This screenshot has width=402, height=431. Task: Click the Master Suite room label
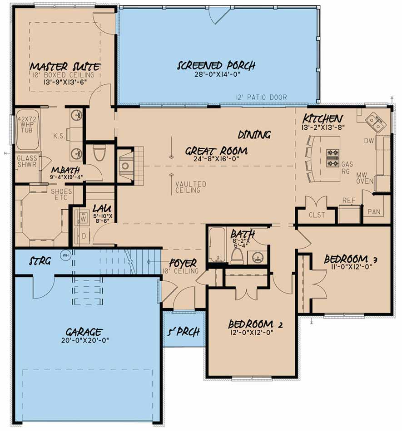[65, 67]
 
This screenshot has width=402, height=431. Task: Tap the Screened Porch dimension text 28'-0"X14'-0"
[218, 74]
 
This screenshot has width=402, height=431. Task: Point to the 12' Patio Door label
[261, 97]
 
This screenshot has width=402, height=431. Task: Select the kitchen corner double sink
[376, 122]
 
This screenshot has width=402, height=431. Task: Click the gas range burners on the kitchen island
[333, 158]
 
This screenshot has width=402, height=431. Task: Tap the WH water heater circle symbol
[65, 255]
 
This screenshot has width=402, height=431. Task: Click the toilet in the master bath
[99, 153]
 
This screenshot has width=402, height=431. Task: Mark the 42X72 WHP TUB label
[27, 124]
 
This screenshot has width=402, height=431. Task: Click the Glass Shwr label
[27, 162]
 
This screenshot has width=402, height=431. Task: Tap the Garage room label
[84, 332]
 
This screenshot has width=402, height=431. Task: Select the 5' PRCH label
[184, 332]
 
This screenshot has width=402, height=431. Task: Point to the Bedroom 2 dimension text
[252, 332]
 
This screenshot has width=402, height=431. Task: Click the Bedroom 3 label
[350, 259]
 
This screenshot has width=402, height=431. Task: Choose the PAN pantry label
[374, 212]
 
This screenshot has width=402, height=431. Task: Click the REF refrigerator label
[349, 201]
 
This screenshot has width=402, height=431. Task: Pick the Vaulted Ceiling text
[191, 187]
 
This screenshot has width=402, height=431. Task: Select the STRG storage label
[40, 261]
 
